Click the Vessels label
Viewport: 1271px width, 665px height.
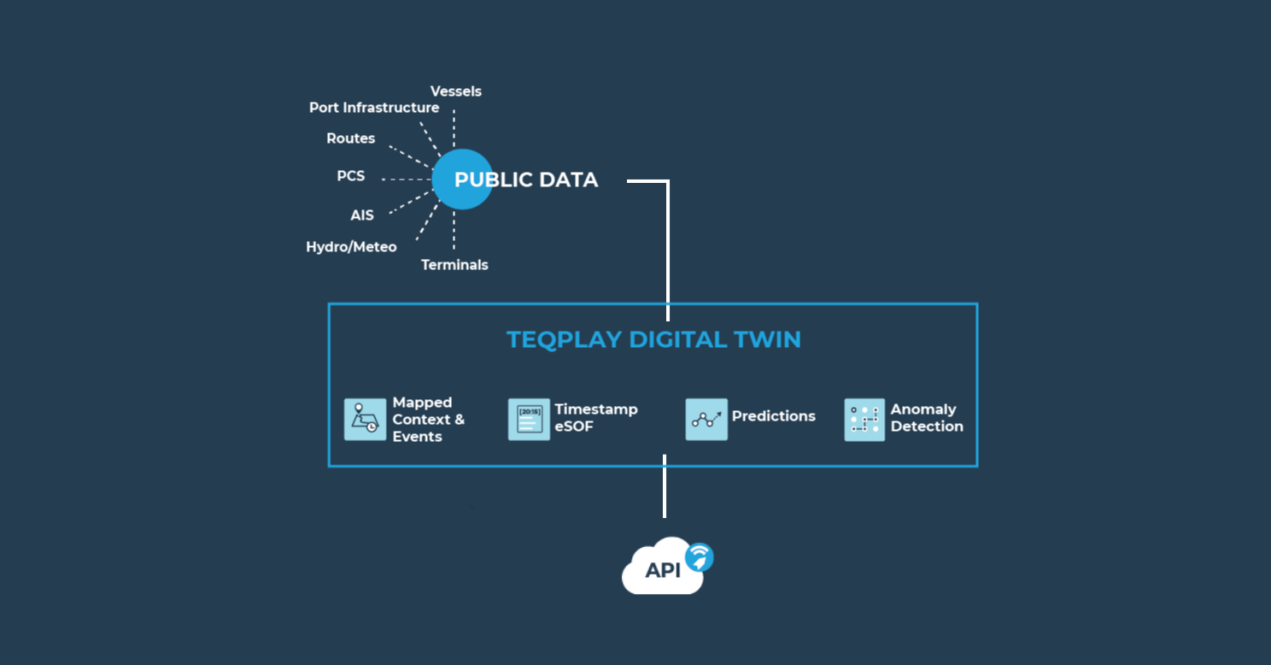455,91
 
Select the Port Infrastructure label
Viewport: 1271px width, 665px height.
374,108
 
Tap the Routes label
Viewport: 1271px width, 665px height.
350,138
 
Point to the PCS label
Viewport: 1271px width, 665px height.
350,176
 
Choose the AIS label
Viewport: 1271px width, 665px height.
361,215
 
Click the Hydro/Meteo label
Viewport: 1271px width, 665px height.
351,247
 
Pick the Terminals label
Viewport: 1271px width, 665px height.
454,265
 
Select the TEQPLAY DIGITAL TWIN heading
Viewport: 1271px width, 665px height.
653,339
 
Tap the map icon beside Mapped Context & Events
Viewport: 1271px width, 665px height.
365,420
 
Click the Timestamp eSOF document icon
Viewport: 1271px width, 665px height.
529,420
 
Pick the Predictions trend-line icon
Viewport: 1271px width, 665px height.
706,420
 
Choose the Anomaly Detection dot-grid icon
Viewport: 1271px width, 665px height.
864,420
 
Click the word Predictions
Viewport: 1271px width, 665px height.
773,416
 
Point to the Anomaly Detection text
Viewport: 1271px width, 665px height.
927,418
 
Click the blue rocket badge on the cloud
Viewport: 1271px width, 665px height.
700,557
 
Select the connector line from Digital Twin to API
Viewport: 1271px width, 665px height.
665,487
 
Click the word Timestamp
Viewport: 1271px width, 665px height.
596,409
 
